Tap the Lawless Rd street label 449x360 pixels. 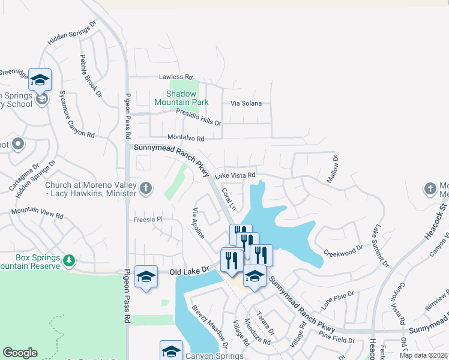coord(175,77)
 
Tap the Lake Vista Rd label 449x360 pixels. coord(235,175)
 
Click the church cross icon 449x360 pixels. coord(145,189)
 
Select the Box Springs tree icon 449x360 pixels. coord(70,260)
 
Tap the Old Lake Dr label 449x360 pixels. coord(188,271)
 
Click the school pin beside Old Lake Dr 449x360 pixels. coord(146,277)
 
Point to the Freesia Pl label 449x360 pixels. coord(147,220)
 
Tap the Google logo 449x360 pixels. coord(20,353)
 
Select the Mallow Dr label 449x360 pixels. coord(333,170)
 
